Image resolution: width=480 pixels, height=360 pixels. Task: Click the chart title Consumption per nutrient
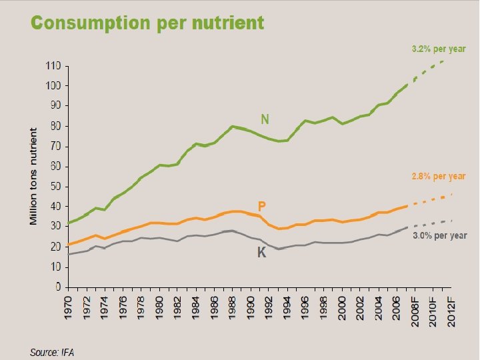pyautogui.click(x=147, y=23)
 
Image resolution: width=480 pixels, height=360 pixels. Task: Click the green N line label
pyautogui.click(x=265, y=119)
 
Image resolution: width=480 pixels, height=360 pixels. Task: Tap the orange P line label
pyautogui.click(x=263, y=207)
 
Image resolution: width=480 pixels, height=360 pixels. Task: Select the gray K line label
pyautogui.click(x=262, y=253)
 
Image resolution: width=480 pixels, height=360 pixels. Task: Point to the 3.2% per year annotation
pyautogui.click(x=437, y=49)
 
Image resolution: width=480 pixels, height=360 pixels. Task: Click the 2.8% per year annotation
pyautogui.click(x=437, y=177)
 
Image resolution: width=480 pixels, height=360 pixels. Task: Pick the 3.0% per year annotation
pyautogui.click(x=440, y=236)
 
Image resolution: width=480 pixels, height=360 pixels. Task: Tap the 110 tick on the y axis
pyautogui.click(x=53, y=66)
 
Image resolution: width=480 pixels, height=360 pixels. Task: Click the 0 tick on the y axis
pyautogui.click(x=58, y=287)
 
